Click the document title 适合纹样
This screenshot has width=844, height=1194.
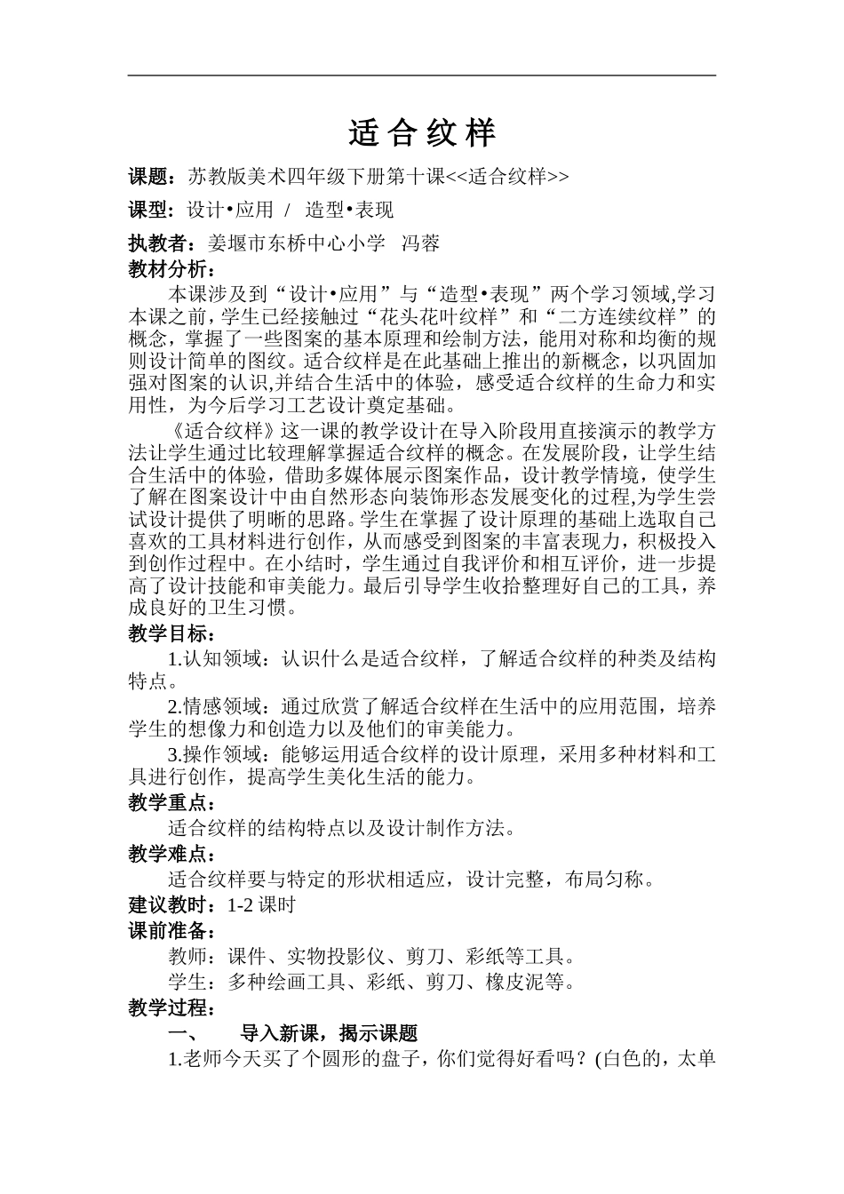[422, 133]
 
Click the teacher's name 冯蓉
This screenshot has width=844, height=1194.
[421, 243]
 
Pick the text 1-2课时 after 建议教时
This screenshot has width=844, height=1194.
[261, 905]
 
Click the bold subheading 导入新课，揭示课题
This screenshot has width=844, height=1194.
[329, 1034]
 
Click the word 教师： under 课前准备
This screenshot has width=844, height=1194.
[195, 957]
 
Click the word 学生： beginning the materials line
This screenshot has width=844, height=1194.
[195, 983]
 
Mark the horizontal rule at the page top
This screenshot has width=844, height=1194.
[422, 76]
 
